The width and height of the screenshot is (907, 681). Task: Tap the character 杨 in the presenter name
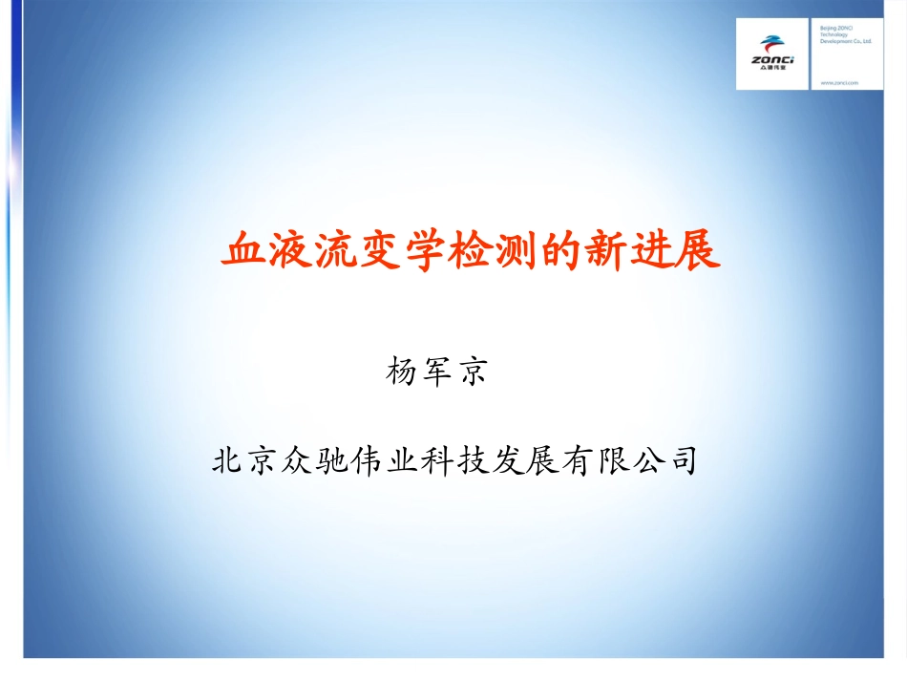tap(401, 371)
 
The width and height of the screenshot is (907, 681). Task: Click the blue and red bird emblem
tap(771, 44)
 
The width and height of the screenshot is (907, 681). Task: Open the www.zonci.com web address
tap(839, 83)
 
